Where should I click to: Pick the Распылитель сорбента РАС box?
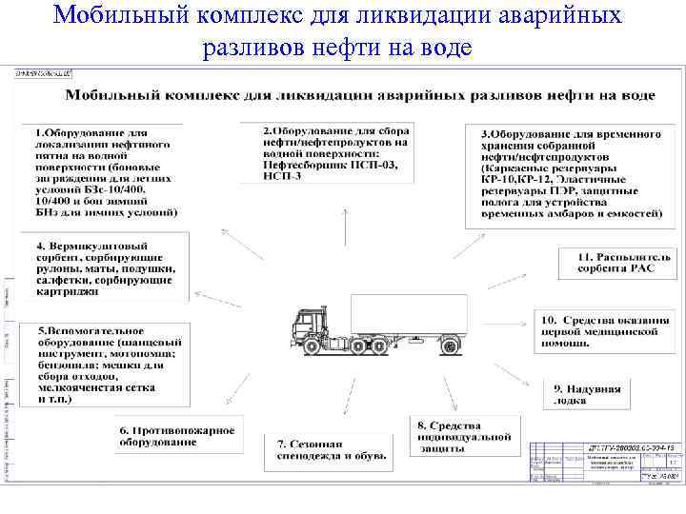(x=612, y=263)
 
